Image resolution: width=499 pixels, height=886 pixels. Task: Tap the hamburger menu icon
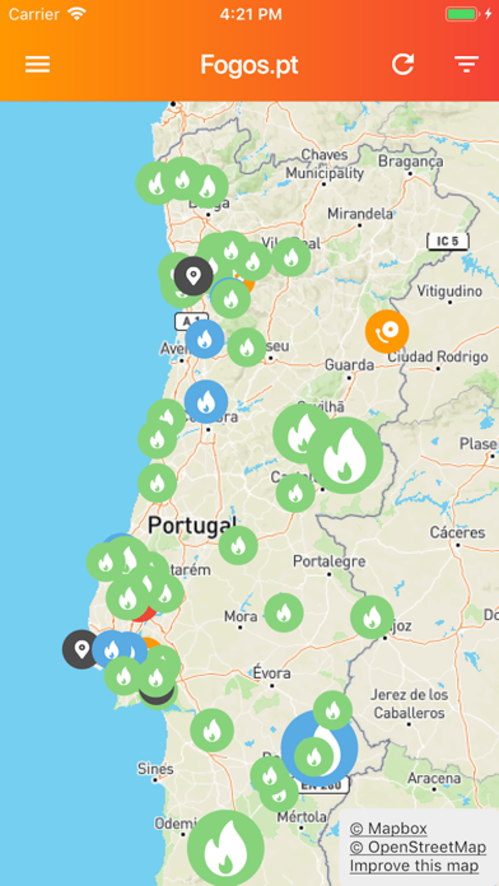click(x=37, y=65)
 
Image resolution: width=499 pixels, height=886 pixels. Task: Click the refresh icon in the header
click(x=403, y=65)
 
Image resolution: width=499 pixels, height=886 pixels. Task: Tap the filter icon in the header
click(x=466, y=65)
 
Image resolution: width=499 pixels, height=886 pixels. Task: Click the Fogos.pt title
click(x=249, y=65)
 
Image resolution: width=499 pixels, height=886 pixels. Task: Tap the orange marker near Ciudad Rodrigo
click(x=387, y=331)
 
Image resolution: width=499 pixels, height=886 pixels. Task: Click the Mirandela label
click(x=360, y=214)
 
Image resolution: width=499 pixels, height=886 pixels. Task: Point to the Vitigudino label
click(x=449, y=291)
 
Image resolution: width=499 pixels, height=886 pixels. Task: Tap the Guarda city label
click(x=349, y=364)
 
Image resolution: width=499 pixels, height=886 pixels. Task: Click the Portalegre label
click(x=329, y=562)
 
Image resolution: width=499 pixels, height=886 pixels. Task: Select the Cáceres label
click(x=458, y=532)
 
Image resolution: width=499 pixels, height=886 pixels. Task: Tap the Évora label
click(x=272, y=672)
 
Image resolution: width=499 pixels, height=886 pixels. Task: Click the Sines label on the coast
click(x=156, y=769)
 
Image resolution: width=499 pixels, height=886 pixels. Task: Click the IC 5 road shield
click(x=448, y=241)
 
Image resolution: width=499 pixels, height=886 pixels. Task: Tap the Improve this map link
click(x=414, y=866)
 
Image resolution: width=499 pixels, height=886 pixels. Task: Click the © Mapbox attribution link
click(x=388, y=829)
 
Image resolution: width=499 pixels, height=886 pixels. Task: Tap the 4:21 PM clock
click(x=249, y=13)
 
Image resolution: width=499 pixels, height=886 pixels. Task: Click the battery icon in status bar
click(x=462, y=13)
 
